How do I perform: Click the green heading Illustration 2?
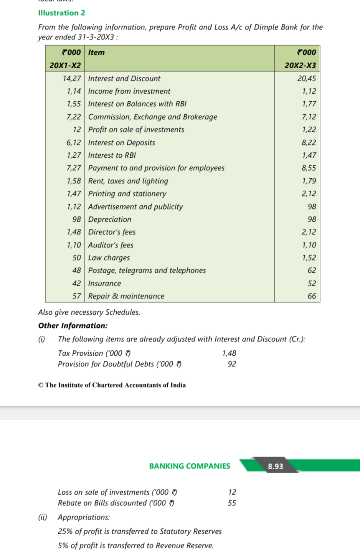61,13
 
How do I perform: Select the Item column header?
96,53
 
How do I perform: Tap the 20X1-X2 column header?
65,65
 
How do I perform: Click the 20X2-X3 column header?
300,65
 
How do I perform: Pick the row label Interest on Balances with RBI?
137,104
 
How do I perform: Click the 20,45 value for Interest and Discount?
306,78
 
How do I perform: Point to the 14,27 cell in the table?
72,78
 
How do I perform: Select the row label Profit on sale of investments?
136,129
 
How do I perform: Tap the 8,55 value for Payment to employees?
309,168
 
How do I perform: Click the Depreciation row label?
109,219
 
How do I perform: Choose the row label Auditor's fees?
111,245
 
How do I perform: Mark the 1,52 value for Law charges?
309,257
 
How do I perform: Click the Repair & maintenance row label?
126,296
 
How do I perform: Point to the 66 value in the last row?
312,296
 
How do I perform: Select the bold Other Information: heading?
73,325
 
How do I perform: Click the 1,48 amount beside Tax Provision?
229,353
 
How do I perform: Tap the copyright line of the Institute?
112,385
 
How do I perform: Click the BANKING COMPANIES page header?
190,466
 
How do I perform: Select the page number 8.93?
275,466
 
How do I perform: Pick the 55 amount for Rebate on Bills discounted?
232,503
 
